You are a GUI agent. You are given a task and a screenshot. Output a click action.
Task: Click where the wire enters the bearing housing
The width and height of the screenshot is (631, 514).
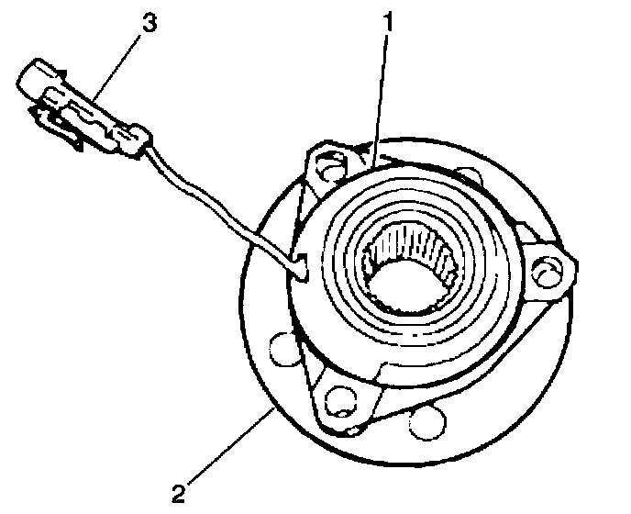tap(300, 266)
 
